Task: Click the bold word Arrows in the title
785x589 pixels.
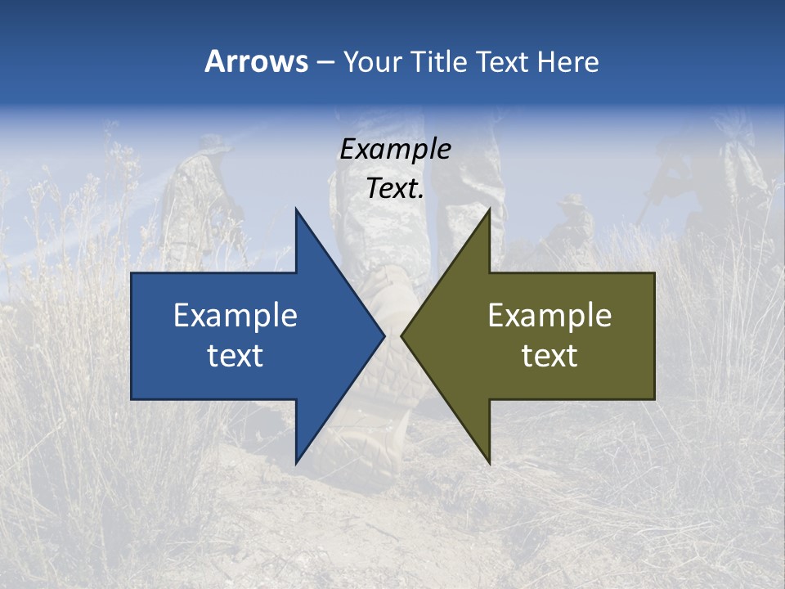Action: click(x=256, y=61)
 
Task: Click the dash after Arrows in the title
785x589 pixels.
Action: click(x=325, y=62)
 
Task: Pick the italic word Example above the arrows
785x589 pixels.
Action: click(x=395, y=149)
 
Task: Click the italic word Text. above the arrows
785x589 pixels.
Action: click(x=395, y=189)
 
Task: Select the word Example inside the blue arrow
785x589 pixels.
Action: click(x=235, y=316)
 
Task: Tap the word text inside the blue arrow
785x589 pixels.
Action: click(x=235, y=356)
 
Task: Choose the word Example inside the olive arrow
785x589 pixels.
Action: click(x=549, y=316)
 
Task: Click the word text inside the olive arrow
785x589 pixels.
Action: click(x=549, y=356)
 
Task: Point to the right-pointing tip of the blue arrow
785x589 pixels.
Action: click(x=384, y=335)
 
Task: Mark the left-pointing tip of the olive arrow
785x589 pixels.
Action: click(x=401, y=335)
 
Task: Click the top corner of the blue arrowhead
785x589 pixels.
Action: click(x=296, y=209)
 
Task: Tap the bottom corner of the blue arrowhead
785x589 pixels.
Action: click(x=296, y=463)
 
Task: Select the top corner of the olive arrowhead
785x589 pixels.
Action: click(x=489, y=209)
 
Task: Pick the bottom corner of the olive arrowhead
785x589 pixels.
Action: click(x=489, y=463)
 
